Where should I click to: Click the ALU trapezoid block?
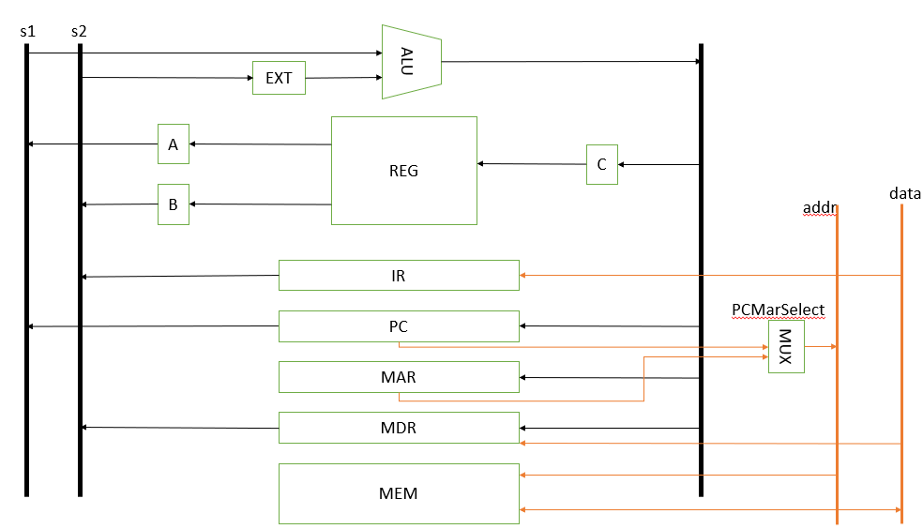411,62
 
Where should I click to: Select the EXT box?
279,78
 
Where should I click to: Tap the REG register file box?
403,171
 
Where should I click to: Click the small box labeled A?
173,144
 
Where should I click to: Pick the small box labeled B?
173,204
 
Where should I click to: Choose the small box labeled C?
601,164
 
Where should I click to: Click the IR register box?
399,276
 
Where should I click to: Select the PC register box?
399,326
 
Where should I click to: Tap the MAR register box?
399,377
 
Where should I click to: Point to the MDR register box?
399,428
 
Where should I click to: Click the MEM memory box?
399,493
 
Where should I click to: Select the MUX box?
786,347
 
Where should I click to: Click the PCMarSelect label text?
778,309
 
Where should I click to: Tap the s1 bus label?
27,31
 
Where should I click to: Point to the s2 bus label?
79,31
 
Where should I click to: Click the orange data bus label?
904,194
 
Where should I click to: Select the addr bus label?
819,207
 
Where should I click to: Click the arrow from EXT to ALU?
343,78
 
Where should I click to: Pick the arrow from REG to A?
261,144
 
